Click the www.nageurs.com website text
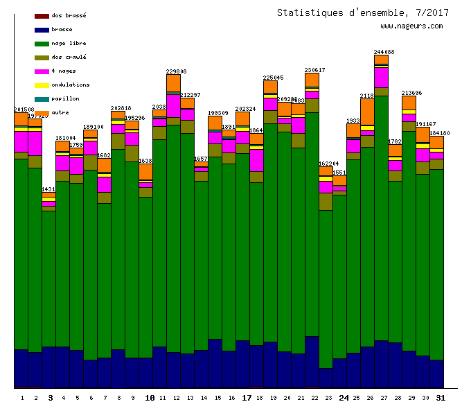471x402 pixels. [x=411, y=26]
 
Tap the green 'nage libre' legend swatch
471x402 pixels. [x=42, y=44]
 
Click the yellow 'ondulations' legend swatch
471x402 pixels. [x=42, y=85]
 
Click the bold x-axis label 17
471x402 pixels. [x=247, y=398]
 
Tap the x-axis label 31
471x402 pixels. [x=441, y=398]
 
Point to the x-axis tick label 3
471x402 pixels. [x=50, y=398]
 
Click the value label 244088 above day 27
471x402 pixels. [x=384, y=52]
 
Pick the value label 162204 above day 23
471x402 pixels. [x=328, y=164]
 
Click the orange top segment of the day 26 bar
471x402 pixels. [x=367, y=111]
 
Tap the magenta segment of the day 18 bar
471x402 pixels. [x=256, y=160]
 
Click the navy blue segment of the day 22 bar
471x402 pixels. [x=312, y=361]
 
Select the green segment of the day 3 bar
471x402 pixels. [x=48, y=277]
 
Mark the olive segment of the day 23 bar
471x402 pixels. [x=326, y=201]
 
